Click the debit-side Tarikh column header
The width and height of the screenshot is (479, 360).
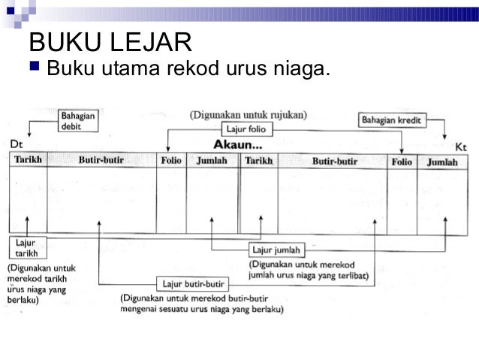point(28,160)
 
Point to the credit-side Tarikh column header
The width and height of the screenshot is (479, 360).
point(258,160)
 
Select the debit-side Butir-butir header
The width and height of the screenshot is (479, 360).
point(101,160)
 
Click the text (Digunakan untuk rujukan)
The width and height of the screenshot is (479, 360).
point(248,115)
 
